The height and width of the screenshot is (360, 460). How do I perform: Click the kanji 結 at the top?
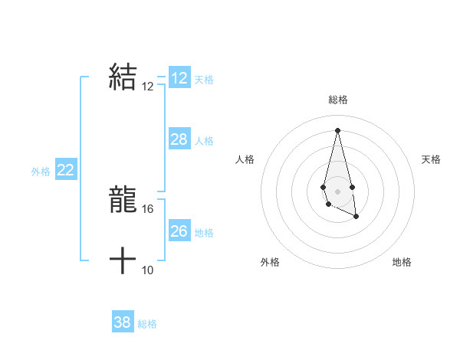(123, 77)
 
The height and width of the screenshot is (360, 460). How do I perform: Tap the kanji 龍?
(123, 201)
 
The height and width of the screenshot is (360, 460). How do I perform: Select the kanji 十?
(123, 261)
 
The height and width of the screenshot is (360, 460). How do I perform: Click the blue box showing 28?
(179, 139)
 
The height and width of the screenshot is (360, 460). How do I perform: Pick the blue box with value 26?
(179, 231)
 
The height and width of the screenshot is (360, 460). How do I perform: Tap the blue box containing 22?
(65, 170)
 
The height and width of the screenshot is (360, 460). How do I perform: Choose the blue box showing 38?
(122, 322)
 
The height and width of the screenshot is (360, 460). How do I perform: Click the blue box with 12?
(179, 78)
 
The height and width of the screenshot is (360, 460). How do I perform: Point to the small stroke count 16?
(148, 208)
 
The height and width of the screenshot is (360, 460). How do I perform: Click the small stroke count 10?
(148, 270)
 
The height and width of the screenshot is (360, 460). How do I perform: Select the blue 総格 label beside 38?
(147, 324)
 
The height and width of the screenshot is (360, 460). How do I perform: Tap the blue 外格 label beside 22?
(41, 172)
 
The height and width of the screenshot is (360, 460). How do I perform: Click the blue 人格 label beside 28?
(204, 141)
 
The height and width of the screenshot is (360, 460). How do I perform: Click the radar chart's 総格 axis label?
(337, 100)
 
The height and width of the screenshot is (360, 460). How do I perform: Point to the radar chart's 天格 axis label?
(431, 159)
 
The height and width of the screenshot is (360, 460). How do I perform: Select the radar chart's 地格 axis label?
(402, 262)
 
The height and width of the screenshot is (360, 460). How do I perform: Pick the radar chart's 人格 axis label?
(245, 159)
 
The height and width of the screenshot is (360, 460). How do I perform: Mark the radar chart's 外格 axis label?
(270, 262)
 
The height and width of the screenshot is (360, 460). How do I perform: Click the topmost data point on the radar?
(337, 130)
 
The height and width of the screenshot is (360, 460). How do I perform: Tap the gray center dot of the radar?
(337, 190)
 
